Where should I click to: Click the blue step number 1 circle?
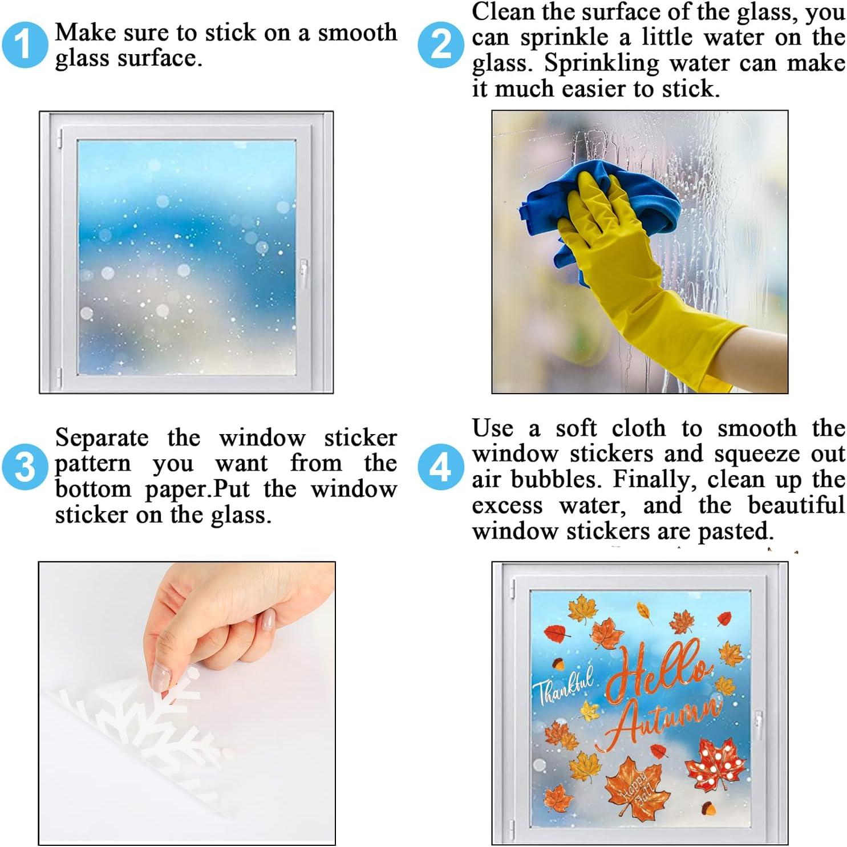click(x=24, y=45)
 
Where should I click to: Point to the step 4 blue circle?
click(x=440, y=467)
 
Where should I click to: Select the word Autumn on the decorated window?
click(x=662, y=722)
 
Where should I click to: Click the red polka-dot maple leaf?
click(x=716, y=763)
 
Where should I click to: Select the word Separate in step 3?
click(x=102, y=439)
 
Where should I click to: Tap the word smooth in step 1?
click(x=357, y=33)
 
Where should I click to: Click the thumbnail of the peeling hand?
click(x=187, y=703)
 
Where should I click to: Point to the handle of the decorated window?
click(x=759, y=724)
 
